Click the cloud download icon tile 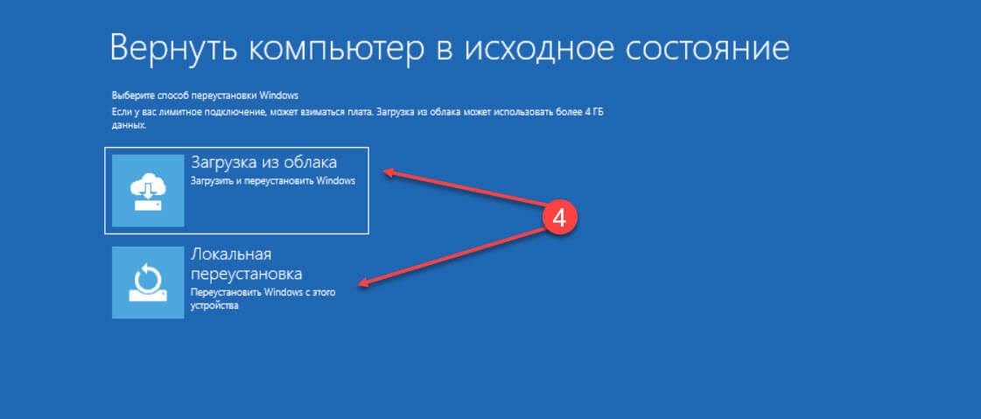(148, 190)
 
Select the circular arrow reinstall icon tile (148, 282)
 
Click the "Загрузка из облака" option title (263, 163)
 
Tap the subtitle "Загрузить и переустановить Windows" (273, 181)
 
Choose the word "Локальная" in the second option (231, 255)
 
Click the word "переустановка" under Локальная (246, 274)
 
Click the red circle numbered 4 (558, 218)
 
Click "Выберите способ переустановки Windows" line (205, 95)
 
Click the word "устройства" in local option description (214, 307)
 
